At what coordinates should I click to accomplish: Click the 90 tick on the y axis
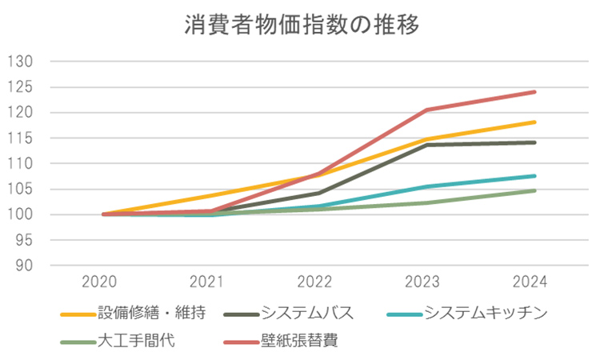tap(22, 266)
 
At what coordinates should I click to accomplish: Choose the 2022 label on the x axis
tap(318, 282)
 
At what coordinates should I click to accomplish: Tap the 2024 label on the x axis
tap(534, 282)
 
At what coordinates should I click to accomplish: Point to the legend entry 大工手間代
tap(136, 341)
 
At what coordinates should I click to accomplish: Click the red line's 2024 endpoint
tap(534, 92)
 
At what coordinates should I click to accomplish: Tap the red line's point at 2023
tap(426, 110)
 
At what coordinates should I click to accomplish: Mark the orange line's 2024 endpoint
tap(534, 122)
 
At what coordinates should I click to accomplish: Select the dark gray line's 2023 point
tap(426, 145)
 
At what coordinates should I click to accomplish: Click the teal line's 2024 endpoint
tap(534, 176)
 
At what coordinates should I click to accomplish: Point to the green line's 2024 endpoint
tap(534, 190)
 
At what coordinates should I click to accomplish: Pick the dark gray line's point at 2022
tap(318, 193)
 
